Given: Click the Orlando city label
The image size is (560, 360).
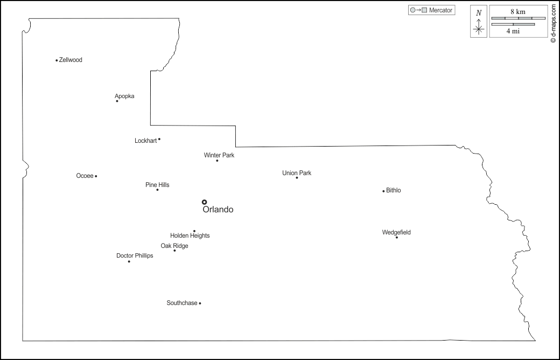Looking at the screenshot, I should pyautogui.click(x=218, y=210).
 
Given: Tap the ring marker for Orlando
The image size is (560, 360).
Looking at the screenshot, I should pyautogui.click(x=204, y=202).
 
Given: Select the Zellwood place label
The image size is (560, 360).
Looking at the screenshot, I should pyautogui.click(x=71, y=60).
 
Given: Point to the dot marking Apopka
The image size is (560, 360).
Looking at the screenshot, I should pyautogui.click(x=117, y=101).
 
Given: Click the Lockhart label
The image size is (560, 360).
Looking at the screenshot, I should pyautogui.click(x=145, y=141).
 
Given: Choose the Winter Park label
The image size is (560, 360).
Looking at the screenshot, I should pyautogui.click(x=219, y=155).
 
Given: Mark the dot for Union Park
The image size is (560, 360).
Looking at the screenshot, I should pyautogui.click(x=297, y=177).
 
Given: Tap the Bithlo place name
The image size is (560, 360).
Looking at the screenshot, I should pyautogui.click(x=394, y=190).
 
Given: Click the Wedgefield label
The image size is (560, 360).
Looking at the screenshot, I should pyautogui.click(x=396, y=232).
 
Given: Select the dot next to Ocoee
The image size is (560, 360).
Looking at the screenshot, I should pyautogui.click(x=96, y=176).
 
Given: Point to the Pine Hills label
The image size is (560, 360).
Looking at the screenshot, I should pyautogui.click(x=157, y=185).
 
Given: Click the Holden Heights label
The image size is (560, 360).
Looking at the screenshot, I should pyautogui.click(x=190, y=236).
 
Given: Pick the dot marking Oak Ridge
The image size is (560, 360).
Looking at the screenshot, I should pyautogui.click(x=174, y=250).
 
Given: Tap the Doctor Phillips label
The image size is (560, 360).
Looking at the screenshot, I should pyautogui.click(x=135, y=255).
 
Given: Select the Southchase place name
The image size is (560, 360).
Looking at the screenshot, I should pyautogui.click(x=182, y=303).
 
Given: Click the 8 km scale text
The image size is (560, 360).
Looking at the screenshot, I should pyautogui.click(x=518, y=11).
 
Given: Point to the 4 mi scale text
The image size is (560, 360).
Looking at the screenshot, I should pyautogui.click(x=513, y=31).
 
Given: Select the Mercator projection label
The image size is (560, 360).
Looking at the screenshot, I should pyautogui.click(x=440, y=10).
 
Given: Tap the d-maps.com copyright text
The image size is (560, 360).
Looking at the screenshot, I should pyautogui.click(x=553, y=24).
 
